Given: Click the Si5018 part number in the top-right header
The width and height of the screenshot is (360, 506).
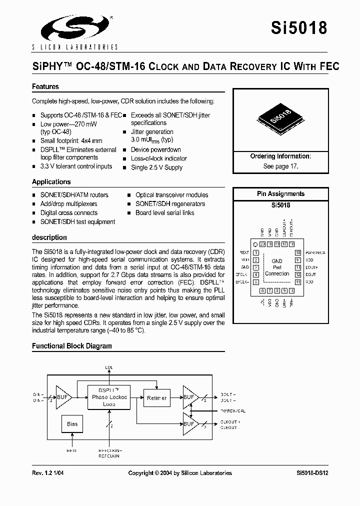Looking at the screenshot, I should (x=299, y=27).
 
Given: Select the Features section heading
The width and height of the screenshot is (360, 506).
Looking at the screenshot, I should (x=45, y=86).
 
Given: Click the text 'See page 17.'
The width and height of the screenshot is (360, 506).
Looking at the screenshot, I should (x=280, y=166).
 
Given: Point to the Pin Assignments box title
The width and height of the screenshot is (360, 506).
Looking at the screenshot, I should (x=280, y=194).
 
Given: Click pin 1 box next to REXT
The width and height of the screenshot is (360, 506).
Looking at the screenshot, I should (x=255, y=253).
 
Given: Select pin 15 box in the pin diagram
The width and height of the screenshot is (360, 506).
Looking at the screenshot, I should (x=298, y=253).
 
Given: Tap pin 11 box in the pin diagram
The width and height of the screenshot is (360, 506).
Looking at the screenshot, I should (x=298, y=282).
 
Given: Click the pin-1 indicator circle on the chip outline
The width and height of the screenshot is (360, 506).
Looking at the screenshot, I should (x=255, y=244).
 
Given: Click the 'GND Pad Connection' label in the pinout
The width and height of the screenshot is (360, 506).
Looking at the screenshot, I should (x=276, y=267).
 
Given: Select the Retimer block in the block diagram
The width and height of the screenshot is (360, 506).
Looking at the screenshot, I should (x=157, y=398).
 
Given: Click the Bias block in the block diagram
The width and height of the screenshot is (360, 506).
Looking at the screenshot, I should (x=72, y=424).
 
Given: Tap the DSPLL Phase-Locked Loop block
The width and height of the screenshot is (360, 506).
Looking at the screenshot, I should (x=109, y=397).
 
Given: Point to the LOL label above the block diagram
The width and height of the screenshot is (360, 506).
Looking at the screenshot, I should (x=109, y=367).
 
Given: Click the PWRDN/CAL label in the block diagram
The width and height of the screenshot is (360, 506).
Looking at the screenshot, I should (x=232, y=410).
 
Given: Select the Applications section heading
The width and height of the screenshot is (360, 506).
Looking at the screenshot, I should (x=51, y=182).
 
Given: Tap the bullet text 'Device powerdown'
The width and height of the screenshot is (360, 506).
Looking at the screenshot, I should (x=155, y=149).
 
